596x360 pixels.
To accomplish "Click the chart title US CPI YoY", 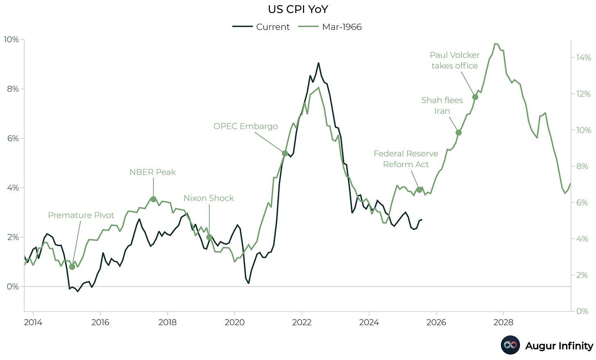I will (298, 9).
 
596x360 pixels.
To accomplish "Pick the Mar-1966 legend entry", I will (330, 27).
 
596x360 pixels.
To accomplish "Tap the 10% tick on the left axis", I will (11, 40).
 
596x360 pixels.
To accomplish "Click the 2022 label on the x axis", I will (302, 322).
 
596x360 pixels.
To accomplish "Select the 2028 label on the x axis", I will (503, 322).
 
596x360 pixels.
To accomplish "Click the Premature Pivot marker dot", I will (72, 267).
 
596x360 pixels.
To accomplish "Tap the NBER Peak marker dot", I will (154, 199).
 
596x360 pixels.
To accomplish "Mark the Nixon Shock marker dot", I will (209, 237).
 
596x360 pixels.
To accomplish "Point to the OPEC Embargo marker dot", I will (285, 154).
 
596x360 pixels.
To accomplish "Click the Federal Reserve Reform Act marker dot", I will (419, 190).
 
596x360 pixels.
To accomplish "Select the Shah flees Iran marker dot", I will (458, 133).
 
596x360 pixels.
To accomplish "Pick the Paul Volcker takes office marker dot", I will (475, 97).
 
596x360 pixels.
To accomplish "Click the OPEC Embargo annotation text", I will (246, 126).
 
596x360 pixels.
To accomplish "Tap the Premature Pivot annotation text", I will (81, 215).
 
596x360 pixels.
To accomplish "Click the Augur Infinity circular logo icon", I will (510, 345).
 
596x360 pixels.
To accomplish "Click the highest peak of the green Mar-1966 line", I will (495, 43).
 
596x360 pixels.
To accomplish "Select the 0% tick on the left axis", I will (12, 287).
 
